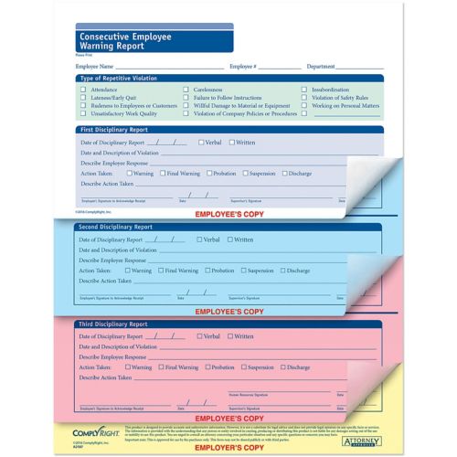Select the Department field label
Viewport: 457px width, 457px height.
pos(321,67)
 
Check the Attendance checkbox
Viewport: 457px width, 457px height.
pos(83,90)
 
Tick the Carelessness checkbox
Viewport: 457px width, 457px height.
pos(186,90)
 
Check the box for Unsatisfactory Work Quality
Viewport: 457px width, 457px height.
pos(83,114)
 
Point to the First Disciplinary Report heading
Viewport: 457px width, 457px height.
pos(114,130)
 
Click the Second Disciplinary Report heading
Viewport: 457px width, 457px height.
pos(115,227)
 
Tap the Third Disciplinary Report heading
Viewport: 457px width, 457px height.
pos(113,324)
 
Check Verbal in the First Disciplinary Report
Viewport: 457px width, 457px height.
pos(199,143)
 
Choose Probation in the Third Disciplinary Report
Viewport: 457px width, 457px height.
pos(207,367)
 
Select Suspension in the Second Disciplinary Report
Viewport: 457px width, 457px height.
pos(243,271)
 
